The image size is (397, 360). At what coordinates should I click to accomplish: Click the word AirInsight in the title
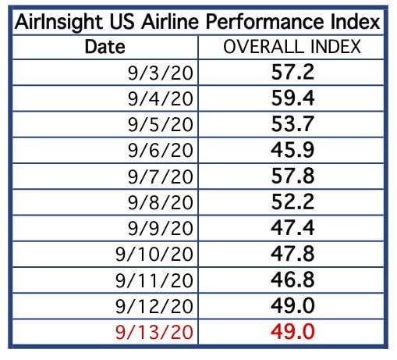tap(58, 23)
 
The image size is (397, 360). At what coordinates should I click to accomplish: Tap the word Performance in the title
tap(265, 21)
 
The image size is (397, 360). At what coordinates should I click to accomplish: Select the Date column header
tap(105, 47)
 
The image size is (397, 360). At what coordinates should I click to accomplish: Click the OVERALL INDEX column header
tap(292, 47)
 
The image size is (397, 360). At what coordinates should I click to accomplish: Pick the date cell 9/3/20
tap(161, 73)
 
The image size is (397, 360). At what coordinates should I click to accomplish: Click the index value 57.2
tap(292, 72)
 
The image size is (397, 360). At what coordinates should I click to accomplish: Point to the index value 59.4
tap(292, 98)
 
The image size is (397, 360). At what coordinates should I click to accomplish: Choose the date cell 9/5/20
tap(161, 124)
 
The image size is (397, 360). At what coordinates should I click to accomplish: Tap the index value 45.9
tap(292, 150)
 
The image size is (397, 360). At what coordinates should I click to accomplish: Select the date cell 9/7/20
tap(161, 176)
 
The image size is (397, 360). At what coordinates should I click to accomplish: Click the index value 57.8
tap(292, 176)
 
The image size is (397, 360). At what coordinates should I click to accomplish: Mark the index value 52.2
tap(292, 201)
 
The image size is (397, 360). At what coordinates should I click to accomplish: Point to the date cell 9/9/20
tap(161, 228)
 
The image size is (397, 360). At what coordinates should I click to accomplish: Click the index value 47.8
tap(292, 253)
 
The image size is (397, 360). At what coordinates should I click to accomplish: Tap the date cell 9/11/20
tap(154, 280)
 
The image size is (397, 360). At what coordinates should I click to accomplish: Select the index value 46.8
tap(292, 280)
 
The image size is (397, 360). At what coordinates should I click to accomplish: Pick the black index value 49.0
tap(292, 305)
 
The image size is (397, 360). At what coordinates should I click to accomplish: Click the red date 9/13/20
tap(154, 332)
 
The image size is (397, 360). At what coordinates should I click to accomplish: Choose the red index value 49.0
tap(292, 331)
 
